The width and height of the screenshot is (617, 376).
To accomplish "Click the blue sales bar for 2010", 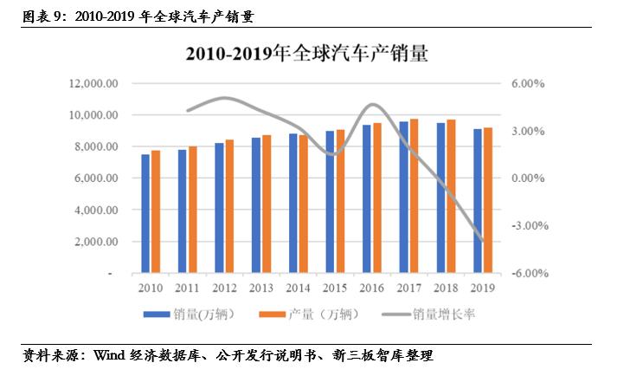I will (x=145, y=213).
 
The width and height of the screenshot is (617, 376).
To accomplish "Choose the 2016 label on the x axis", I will (x=372, y=288).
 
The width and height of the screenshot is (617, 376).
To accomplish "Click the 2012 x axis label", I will (x=224, y=288).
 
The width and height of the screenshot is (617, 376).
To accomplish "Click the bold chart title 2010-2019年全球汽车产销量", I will (x=307, y=54).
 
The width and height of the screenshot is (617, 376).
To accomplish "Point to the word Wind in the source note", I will (x=111, y=355).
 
